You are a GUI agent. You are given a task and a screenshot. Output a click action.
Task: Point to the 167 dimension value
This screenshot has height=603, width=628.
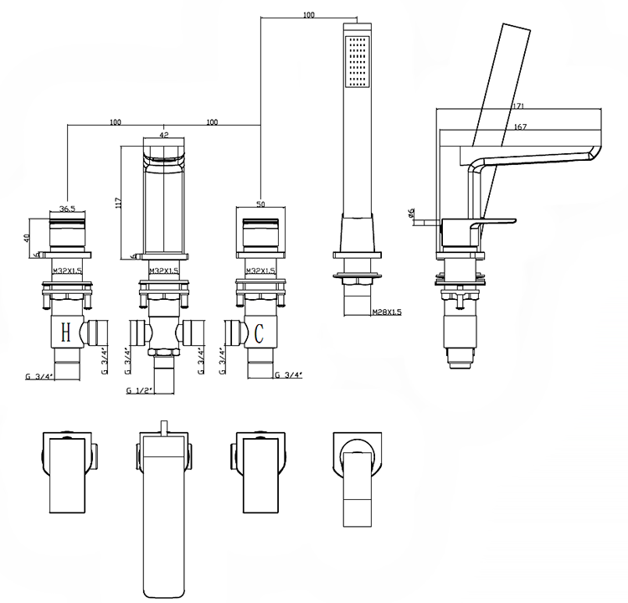click(x=519, y=126)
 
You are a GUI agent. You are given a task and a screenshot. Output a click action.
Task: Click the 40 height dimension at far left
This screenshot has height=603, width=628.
click(x=27, y=237)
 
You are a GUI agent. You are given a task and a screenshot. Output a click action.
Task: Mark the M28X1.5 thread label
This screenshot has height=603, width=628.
click(x=387, y=312)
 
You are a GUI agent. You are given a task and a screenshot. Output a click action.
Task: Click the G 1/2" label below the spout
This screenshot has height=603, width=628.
click(x=139, y=390)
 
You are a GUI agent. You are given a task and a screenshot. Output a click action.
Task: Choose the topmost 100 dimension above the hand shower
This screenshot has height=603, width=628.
click(x=309, y=15)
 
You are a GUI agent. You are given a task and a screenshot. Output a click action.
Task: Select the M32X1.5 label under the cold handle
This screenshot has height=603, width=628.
click(x=260, y=271)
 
